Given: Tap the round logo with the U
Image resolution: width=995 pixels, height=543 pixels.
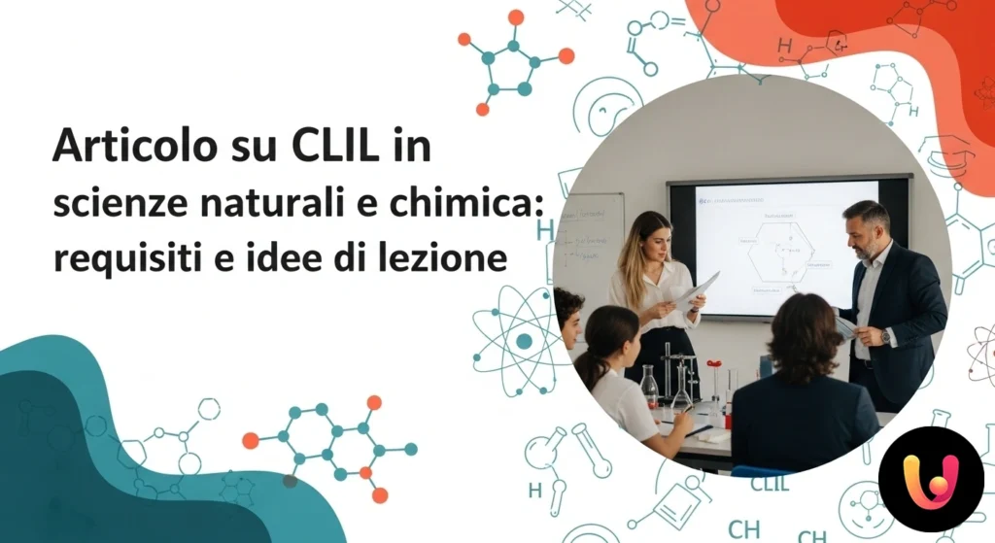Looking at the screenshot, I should pyautogui.click(x=930, y=479).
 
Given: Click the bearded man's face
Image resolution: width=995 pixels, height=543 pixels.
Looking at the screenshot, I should pyautogui.click(x=865, y=229).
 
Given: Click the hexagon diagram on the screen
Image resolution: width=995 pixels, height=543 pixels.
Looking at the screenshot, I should pyautogui.click(x=778, y=250).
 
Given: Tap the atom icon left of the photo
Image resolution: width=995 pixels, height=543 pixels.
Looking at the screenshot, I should pyautogui.click(x=524, y=340).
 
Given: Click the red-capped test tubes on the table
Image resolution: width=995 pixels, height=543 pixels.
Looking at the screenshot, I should pyautogui.click(x=715, y=379).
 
